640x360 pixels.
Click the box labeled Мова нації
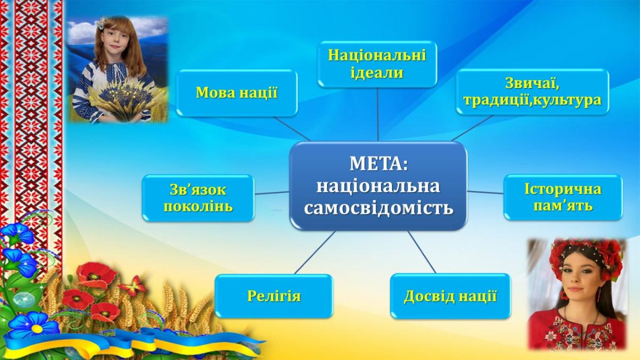[237, 93]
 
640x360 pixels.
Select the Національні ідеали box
[378, 64]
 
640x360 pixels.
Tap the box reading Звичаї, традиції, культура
[533, 92]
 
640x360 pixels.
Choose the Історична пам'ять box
[563, 197]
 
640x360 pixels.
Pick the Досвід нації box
[450, 297]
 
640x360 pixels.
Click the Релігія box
[274, 297]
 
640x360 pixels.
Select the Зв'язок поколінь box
[198, 198]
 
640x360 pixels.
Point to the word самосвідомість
[378, 207]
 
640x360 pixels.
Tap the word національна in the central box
[378, 186]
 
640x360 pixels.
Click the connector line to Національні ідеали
[378, 114]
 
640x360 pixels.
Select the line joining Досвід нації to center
[422, 252]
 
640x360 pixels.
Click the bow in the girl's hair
[102, 22]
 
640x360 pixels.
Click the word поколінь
[198, 207]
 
